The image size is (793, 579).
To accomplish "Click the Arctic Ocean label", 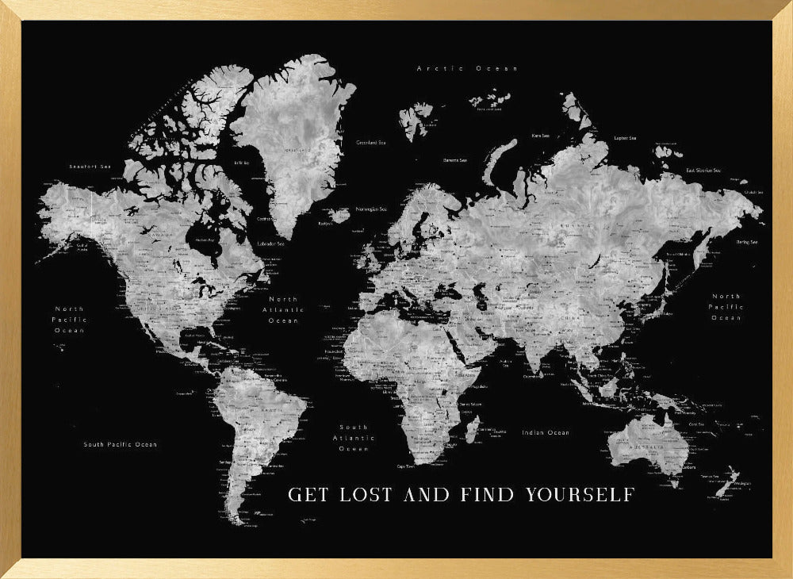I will click(x=467, y=69).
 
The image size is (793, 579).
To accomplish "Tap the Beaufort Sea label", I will click(x=87, y=167).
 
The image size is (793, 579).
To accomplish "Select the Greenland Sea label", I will click(x=370, y=143).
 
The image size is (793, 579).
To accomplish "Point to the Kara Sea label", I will click(x=541, y=136).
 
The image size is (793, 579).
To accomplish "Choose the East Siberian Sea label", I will click(x=703, y=171).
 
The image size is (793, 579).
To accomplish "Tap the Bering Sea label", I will click(x=747, y=242).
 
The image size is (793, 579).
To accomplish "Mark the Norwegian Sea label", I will click(x=371, y=209).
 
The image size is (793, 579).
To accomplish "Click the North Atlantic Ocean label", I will click(x=283, y=309).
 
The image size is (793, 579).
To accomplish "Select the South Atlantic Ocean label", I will click(x=354, y=438).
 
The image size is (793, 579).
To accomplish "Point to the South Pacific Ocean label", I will click(x=121, y=444).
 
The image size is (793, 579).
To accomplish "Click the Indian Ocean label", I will click(x=546, y=432).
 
